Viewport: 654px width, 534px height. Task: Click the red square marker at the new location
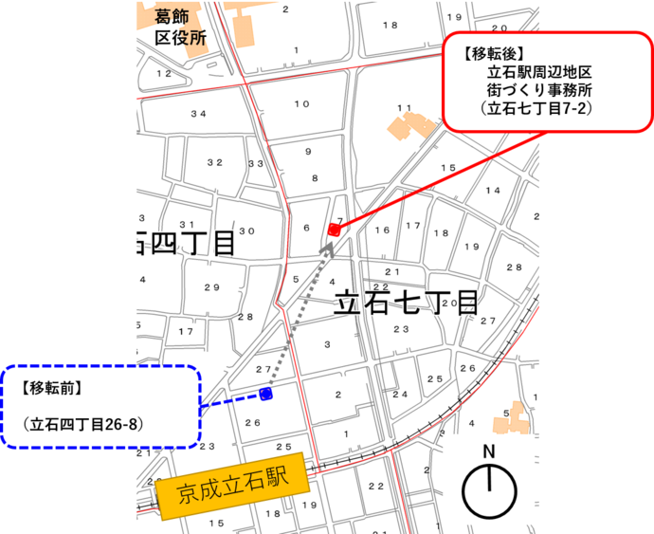click(x=334, y=230)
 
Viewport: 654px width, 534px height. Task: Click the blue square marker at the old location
click(x=266, y=394)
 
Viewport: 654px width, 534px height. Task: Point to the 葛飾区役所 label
click(x=180, y=28)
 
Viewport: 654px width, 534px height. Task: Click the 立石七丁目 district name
click(x=406, y=304)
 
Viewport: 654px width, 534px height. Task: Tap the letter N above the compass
click(x=489, y=451)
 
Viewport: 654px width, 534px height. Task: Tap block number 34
click(x=197, y=114)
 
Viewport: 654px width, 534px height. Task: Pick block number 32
click(x=215, y=162)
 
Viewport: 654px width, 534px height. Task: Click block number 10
click(x=301, y=103)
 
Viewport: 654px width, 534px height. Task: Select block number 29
click(x=211, y=287)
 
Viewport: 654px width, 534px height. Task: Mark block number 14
click(x=493, y=191)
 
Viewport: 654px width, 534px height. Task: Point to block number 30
click(x=246, y=231)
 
